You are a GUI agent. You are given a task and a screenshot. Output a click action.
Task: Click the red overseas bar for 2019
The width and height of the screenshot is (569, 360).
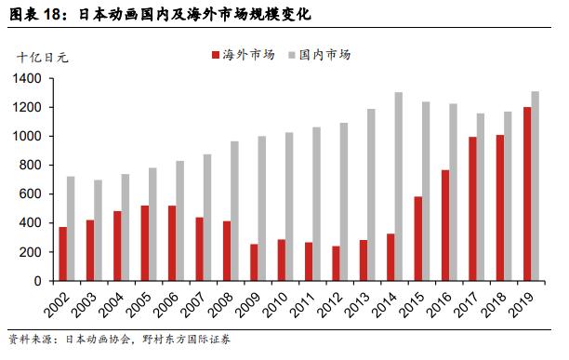(x=527, y=193)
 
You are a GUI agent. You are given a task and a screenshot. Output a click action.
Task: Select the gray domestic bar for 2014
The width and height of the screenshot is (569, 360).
(x=399, y=187)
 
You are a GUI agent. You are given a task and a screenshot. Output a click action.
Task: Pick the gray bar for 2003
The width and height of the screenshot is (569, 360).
(x=98, y=231)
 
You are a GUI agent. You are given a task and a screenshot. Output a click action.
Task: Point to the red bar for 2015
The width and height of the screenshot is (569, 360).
(x=418, y=239)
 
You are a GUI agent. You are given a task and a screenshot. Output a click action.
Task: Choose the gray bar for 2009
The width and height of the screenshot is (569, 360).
(x=261, y=208)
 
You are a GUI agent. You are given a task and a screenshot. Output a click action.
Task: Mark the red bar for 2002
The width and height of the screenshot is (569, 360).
(x=63, y=254)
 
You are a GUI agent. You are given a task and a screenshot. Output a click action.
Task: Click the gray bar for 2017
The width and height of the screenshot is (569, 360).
(x=481, y=197)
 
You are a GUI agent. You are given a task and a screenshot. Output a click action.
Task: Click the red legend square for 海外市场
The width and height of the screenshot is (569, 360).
(x=216, y=55)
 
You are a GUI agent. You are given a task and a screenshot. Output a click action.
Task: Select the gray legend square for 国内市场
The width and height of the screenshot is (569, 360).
(x=292, y=55)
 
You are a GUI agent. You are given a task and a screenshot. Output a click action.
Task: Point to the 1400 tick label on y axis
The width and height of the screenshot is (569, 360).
(x=27, y=78)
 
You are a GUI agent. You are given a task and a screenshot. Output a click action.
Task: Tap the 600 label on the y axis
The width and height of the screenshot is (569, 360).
(x=31, y=194)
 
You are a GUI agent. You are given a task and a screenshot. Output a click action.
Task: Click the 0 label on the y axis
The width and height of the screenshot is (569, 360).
(x=38, y=281)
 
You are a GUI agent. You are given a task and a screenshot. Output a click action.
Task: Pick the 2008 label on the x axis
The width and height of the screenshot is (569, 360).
(x=221, y=304)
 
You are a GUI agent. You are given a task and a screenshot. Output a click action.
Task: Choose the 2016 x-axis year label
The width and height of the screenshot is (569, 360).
(x=440, y=304)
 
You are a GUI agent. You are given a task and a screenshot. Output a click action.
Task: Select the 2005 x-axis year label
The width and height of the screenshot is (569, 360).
(x=139, y=304)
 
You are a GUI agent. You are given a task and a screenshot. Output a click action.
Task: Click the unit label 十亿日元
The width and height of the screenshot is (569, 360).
(x=43, y=58)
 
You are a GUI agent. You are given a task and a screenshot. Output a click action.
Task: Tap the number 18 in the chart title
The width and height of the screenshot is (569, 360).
(x=51, y=14)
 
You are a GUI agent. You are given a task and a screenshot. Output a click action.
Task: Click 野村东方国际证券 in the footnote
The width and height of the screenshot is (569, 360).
(x=187, y=340)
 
